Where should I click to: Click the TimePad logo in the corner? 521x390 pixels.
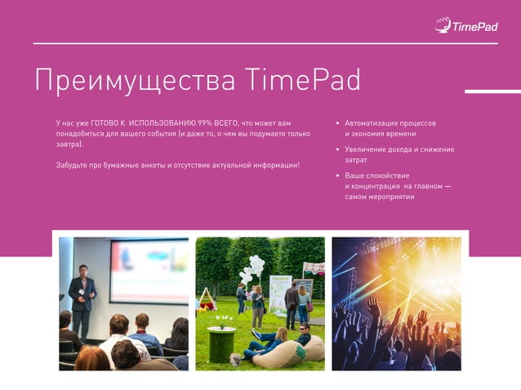[x=465, y=24]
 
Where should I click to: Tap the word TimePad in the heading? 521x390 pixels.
[x=302, y=80]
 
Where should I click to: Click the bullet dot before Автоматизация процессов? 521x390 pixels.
[x=337, y=123]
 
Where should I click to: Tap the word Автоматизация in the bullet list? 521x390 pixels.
[x=371, y=122]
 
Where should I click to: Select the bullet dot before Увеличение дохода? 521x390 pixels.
[x=337, y=150]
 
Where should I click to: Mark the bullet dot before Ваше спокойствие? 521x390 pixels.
[x=337, y=176]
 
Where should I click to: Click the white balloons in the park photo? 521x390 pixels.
[x=254, y=268]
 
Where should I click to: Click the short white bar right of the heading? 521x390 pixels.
[x=492, y=91]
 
